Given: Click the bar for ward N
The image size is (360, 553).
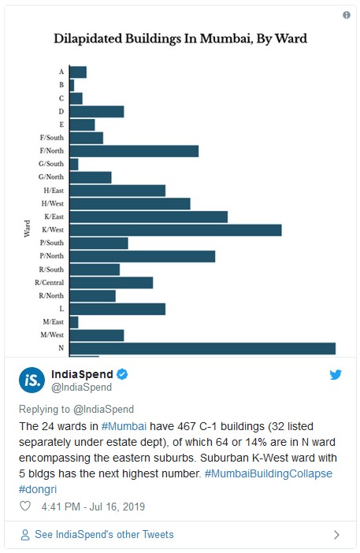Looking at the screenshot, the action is pyautogui.click(x=202, y=348).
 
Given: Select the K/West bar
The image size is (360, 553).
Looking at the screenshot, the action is pyautogui.click(x=176, y=230).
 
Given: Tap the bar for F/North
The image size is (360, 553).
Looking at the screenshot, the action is pyautogui.click(x=134, y=151).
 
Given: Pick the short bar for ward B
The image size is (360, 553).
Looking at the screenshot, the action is pyautogui.click(x=72, y=85).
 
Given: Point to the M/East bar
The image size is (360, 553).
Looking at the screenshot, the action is pyautogui.click(x=74, y=322).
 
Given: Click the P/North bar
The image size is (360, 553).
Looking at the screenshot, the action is pyautogui.click(x=143, y=256).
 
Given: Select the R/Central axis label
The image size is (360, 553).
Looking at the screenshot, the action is pyautogui.click(x=50, y=283).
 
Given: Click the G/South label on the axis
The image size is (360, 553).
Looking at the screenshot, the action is pyautogui.click(x=51, y=164).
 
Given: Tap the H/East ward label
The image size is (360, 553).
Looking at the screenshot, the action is pyautogui.click(x=54, y=191).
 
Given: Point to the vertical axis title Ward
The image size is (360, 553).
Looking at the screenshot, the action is pyautogui.click(x=27, y=228).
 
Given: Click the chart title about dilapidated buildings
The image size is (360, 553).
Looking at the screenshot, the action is pyautogui.click(x=180, y=39).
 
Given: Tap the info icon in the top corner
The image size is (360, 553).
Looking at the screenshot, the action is pyautogui.click(x=347, y=15).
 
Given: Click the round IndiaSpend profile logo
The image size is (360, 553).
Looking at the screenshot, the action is pyautogui.click(x=32, y=380).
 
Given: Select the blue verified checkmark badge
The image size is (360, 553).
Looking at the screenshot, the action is pyautogui.click(x=122, y=374).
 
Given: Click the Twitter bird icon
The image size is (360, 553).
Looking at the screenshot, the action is pyautogui.click(x=336, y=374).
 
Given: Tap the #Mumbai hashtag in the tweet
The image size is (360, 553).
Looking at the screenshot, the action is pyautogui.click(x=124, y=426).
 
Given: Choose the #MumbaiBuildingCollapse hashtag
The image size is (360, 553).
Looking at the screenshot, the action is pyautogui.click(x=269, y=473).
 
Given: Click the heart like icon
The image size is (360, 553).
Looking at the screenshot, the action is pyautogui.click(x=25, y=506).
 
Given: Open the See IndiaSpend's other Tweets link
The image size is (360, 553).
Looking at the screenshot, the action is pyautogui.click(x=104, y=535).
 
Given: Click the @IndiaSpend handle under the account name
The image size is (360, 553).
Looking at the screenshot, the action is pyautogui.click(x=81, y=388).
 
